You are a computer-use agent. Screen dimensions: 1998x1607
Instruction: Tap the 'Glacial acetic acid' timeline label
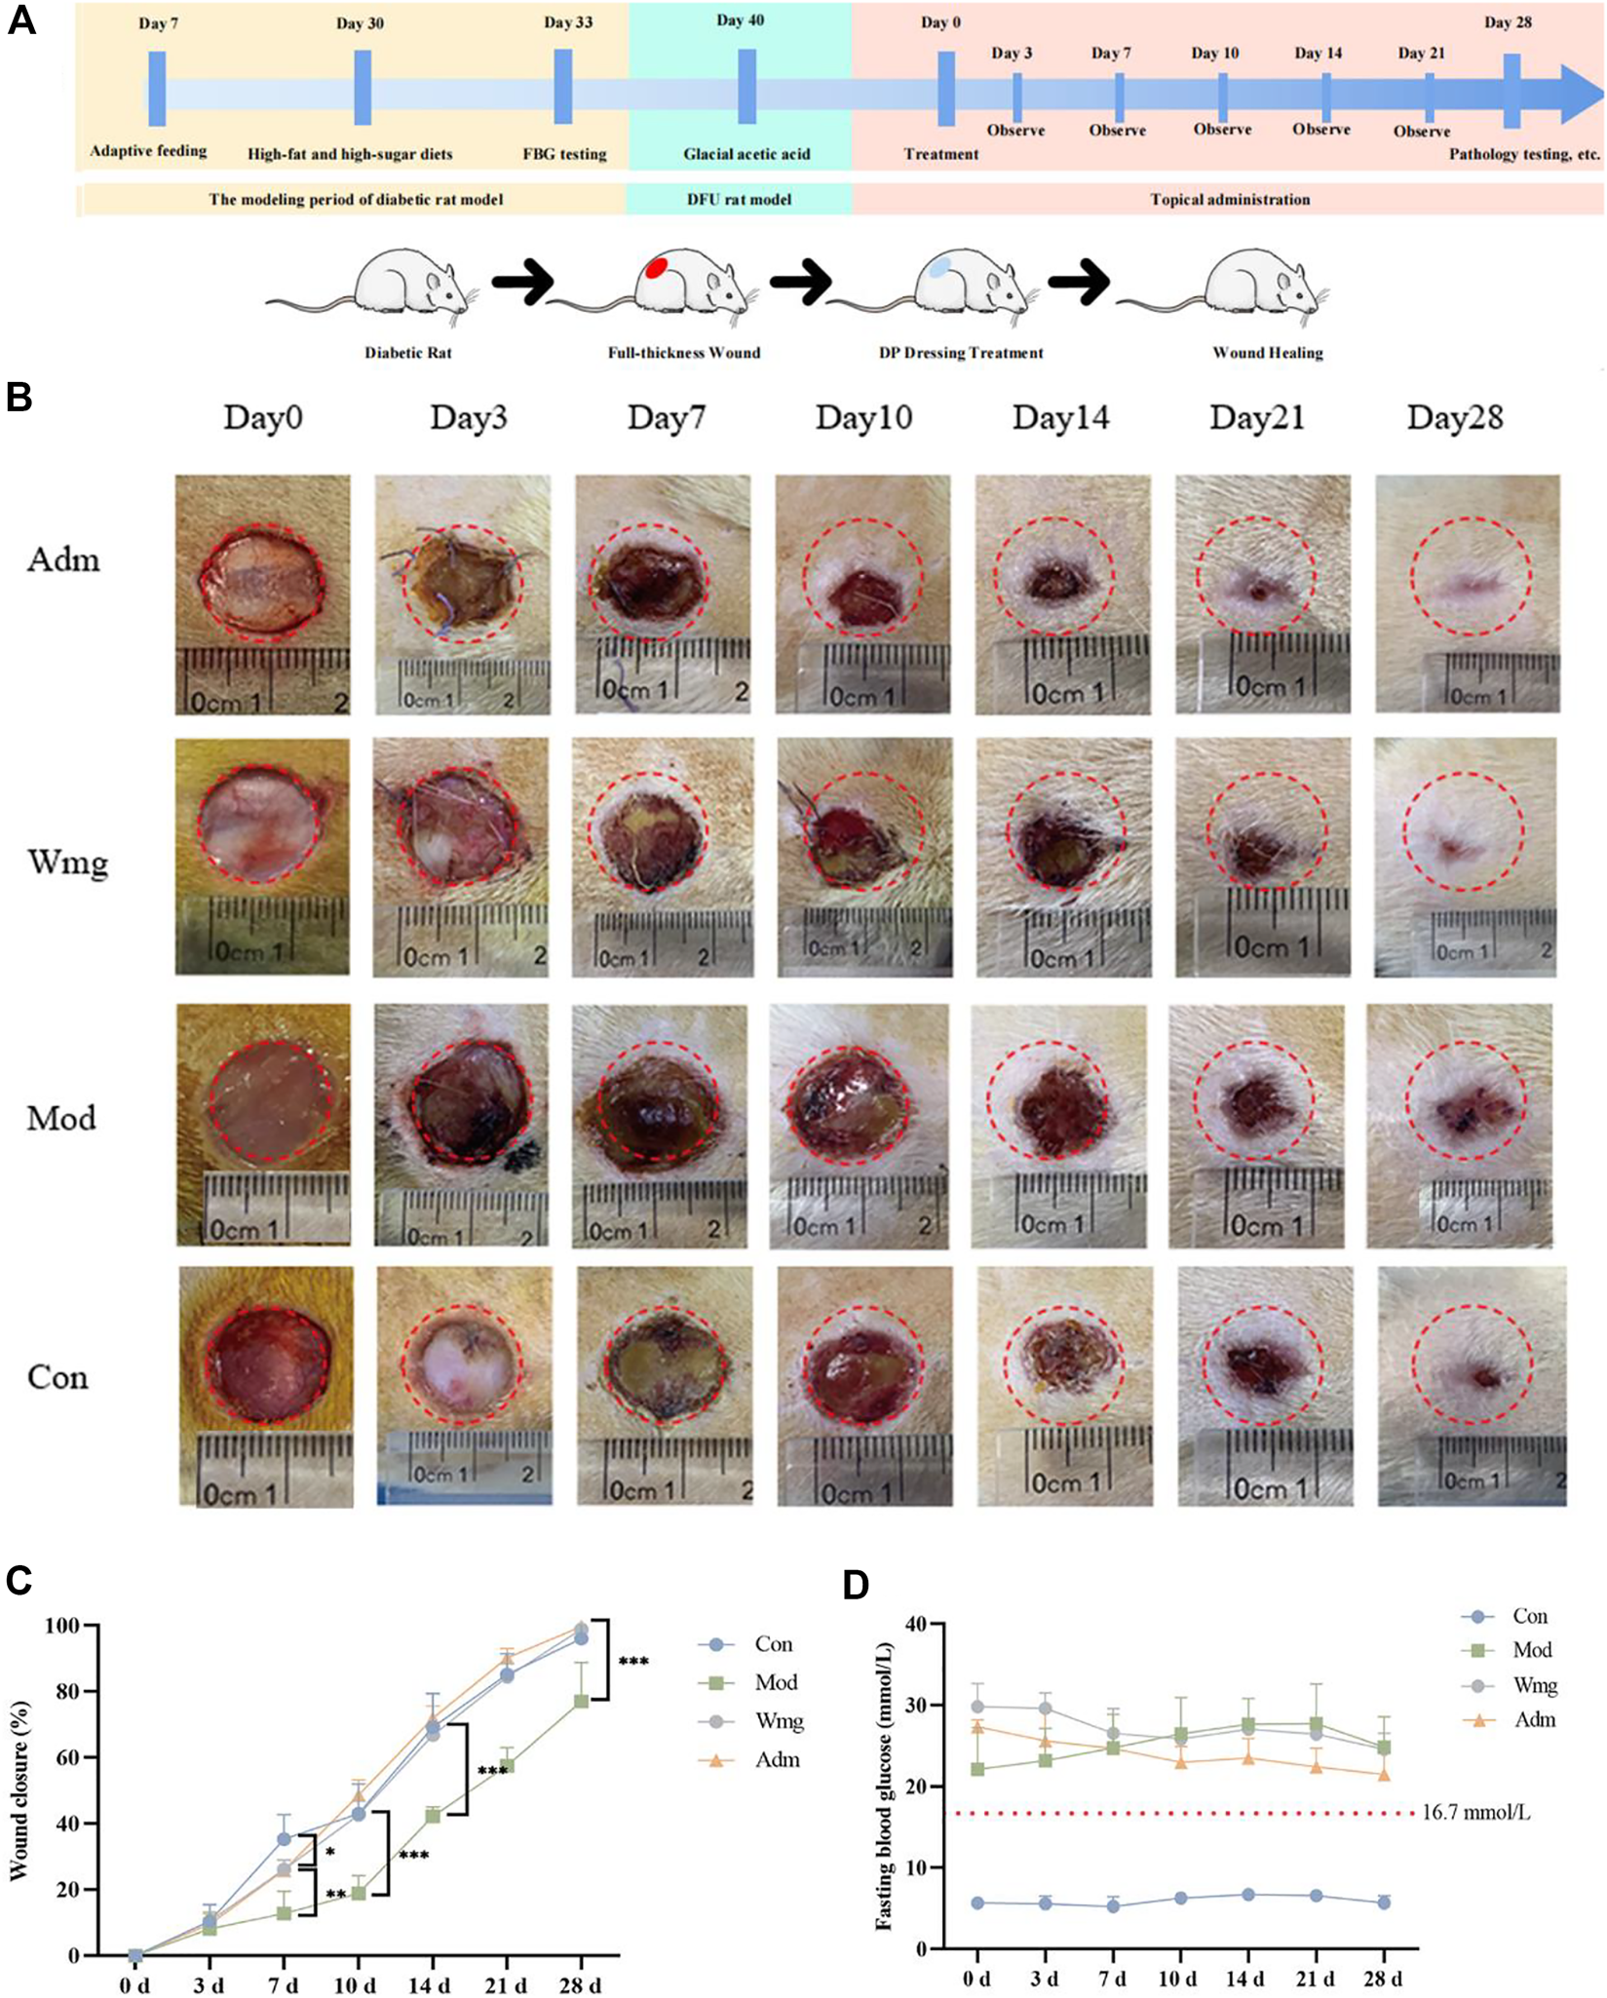(746, 154)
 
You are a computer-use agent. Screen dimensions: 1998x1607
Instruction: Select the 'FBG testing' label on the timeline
(564, 154)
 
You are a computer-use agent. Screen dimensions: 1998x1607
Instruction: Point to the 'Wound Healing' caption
(1267, 353)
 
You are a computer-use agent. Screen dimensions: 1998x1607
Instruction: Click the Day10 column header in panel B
(863, 418)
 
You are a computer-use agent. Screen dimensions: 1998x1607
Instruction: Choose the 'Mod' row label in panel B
(61, 1118)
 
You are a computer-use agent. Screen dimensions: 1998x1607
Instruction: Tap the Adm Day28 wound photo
(1468, 594)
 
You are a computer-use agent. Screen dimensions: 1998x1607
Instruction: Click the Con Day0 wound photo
(266, 1386)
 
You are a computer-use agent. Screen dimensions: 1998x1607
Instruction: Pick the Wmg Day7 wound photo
(663, 857)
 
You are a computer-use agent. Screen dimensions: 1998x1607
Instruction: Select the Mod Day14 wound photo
(1059, 1126)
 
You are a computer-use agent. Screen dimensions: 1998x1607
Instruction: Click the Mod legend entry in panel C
(776, 1682)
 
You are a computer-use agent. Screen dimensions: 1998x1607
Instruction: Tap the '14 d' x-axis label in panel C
(430, 1985)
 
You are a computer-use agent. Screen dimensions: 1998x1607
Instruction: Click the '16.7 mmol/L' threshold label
(1475, 1814)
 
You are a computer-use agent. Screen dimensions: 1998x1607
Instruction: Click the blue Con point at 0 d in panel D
(977, 1902)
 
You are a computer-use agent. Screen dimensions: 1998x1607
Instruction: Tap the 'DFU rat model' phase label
(739, 200)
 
